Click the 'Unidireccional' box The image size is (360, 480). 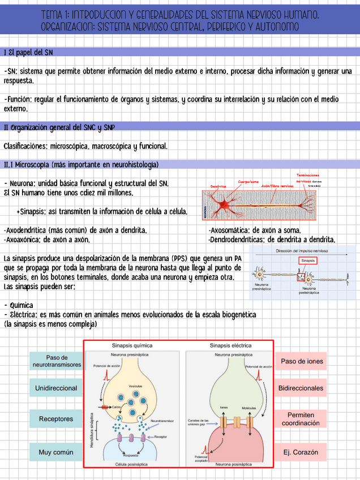56,388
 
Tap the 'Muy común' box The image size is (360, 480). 56,452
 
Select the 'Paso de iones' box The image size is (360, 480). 302,361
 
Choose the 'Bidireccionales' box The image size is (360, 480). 301,388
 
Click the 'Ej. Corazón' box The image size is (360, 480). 301,452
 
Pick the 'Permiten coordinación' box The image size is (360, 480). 301,419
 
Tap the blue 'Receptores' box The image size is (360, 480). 56,419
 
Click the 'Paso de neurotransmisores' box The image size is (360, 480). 56,361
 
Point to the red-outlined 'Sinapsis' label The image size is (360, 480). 308,260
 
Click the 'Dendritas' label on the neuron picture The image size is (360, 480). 218,186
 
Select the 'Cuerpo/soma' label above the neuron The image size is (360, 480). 248,182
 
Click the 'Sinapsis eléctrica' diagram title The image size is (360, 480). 231,345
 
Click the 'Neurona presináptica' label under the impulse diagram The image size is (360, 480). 262,287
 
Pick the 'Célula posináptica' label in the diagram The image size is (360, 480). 132,464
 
